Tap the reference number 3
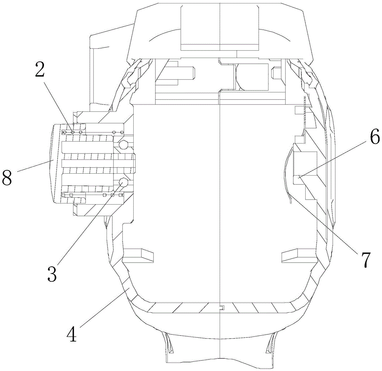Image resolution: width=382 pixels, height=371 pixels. pyautogui.click(x=52, y=270)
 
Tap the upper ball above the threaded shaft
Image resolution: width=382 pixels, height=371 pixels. pyautogui.click(x=124, y=145)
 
